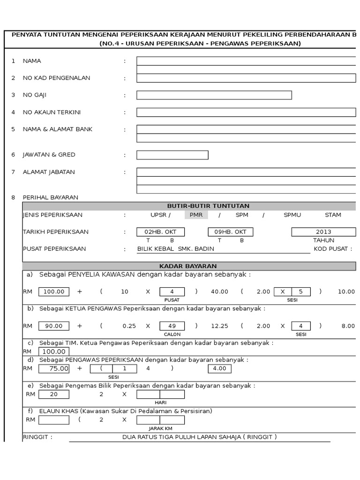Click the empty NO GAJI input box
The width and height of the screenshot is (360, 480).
pyautogui.click(x=214, y=95)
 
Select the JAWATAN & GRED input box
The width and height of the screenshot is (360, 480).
pyautogui.click(x=172, y=155)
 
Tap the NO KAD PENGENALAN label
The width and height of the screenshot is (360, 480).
pyautogui.click(x=56, y=78)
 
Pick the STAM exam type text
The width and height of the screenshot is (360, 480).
pyautogui.click(x=333, y=215)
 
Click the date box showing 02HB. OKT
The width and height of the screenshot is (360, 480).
pyautogui.click(x=160, y=232)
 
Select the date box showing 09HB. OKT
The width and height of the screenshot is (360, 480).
pyautogui.click(x=230, y=232)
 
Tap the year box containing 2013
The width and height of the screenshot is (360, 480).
pyautogui.click(x=323, y=232)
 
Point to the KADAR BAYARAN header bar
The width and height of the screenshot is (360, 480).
pyautogui.click(x=188, y=266)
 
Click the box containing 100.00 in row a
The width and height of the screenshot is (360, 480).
pyautogui.click(x=54, y=292)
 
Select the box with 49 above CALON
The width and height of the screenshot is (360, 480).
pyautogui.click(x=172, y=326)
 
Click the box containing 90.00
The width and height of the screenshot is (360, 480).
pyautogui.click(x=54, y=326)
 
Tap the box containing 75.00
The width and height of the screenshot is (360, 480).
pyautogui.click(x=54, y=368)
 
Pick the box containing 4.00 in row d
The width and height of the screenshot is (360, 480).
pyautogui.click(x=219, y=368)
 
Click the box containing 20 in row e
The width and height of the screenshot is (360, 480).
pyautogui.click(x=54, y=394)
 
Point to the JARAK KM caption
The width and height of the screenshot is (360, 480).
pyautogui.click(x=161, y=428)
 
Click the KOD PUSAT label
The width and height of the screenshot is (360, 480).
pyautogui.click(x=333, y=249)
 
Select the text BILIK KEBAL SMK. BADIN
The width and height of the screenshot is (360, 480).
pyautogui.click(x=175, y=249)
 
